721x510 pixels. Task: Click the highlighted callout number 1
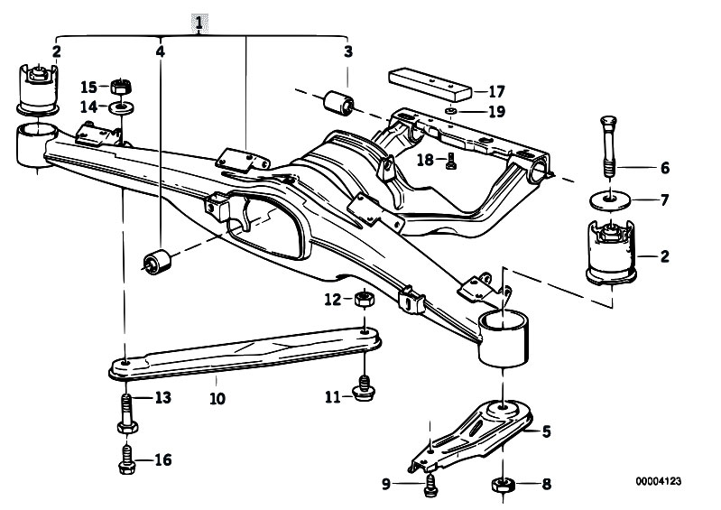click(x=199, y=23)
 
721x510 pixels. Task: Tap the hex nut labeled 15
click(x=122, y=86)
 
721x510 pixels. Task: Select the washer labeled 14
click(x=122, y=108)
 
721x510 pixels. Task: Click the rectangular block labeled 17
click(x=430, y=86)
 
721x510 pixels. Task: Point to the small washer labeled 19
click(x=451, y=112)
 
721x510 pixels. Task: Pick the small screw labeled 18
click(x=450, y=161)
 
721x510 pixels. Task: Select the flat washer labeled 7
click(x=610, y=199)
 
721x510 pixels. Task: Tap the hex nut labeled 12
click(x=365, y=300)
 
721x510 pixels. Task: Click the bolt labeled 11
click(x=364, y=388)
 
